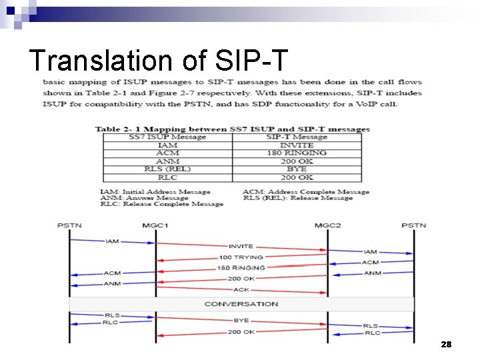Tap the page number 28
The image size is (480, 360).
(x=446, y=344)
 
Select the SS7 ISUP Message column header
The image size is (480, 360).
(x=167, y=137)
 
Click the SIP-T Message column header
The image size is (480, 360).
(x=297, y=137)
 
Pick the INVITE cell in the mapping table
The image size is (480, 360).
(x=297, y=145)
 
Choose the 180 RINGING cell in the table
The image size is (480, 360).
(x=297, y=153)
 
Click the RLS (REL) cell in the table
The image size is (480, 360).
(x=167, y=169)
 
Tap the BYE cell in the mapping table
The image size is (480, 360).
(x=297, y=169)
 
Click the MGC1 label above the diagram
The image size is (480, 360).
(x=155, y=225)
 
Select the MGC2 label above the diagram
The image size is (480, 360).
(x=327, y=225)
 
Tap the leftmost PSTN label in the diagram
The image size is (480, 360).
(x=69, y=225)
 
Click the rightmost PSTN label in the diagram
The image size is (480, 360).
(x=413, y=225)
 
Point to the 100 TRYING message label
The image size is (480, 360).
(x=241, y=257)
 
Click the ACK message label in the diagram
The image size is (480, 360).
(x=241, y=290)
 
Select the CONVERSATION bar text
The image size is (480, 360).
(x=241, y=304)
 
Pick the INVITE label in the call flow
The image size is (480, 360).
(x=241, y=247)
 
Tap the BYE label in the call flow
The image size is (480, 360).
(x=241, y=321)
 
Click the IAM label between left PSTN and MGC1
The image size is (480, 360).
(x=112, y=241)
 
